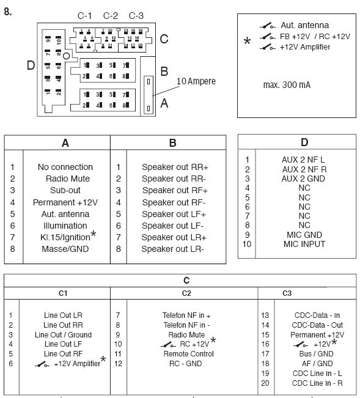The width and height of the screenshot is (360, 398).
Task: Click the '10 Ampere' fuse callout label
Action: (x=196, y=81)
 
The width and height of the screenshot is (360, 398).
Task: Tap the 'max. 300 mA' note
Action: (x=287, y=85)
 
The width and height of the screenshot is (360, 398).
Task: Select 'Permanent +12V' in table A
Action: (x=65, y=202)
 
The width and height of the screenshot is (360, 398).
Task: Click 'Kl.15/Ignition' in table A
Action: (x=65, y=237)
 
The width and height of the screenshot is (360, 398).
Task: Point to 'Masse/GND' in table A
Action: (x=65, y=249)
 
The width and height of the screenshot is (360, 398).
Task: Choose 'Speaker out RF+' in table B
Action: (x=175, y=190)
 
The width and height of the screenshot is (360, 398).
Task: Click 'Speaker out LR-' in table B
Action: (x=172, y=249)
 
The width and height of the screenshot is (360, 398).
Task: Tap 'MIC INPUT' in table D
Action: (x=304, y=244)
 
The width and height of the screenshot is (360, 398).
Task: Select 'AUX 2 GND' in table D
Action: (x=303, y=179)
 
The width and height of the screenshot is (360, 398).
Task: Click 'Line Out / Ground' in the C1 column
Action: (x=63, y=334)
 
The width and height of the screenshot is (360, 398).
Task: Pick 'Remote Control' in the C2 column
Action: (x=188, y=353)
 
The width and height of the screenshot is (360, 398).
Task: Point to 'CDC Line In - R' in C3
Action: (x=317, y=383)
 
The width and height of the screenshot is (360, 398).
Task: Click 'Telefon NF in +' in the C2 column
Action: (x=186, y=315)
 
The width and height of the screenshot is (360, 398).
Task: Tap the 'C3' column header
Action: (x=287, y=293)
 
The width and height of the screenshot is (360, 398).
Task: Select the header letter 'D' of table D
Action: (x=304, y=142)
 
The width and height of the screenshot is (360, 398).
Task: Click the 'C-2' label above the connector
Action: (x=111, y=16)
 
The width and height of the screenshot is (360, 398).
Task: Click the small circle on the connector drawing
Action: (x=66, y=56)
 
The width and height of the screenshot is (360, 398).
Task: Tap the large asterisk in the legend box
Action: (x=247, y=40)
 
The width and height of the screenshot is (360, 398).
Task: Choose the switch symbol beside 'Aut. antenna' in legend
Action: (x=268, y=26)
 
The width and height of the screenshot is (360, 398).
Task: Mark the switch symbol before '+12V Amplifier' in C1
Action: (x=42, y=364)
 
